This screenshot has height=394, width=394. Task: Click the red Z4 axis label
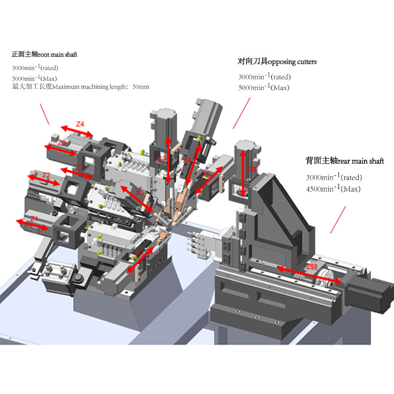[80, 124]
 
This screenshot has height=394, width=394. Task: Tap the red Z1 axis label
[34, 218]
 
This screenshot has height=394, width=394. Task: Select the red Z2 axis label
[46, 175]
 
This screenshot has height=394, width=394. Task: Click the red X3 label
[163, 159]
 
